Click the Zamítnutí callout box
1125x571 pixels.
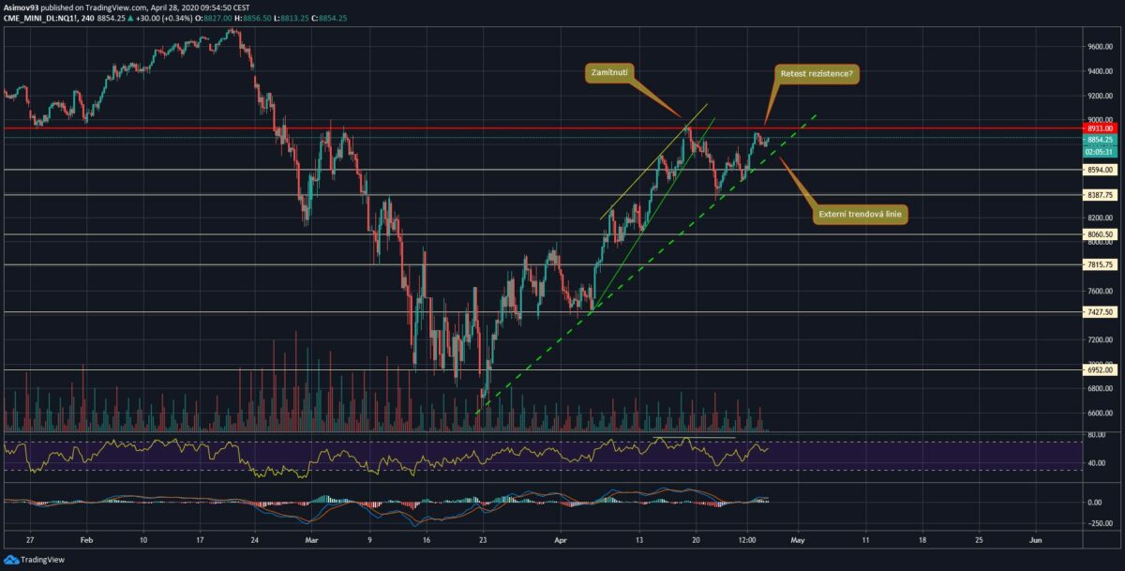coord(607,71)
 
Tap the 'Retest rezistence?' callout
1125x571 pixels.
coord(817,73)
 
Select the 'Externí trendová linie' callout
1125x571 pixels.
coord(862,216)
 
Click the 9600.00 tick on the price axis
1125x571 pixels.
coord(1101,46)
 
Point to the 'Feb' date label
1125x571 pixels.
coord(86,540)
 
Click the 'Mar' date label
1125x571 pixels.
coord(311,540)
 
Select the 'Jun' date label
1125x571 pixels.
coord(1036,540)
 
